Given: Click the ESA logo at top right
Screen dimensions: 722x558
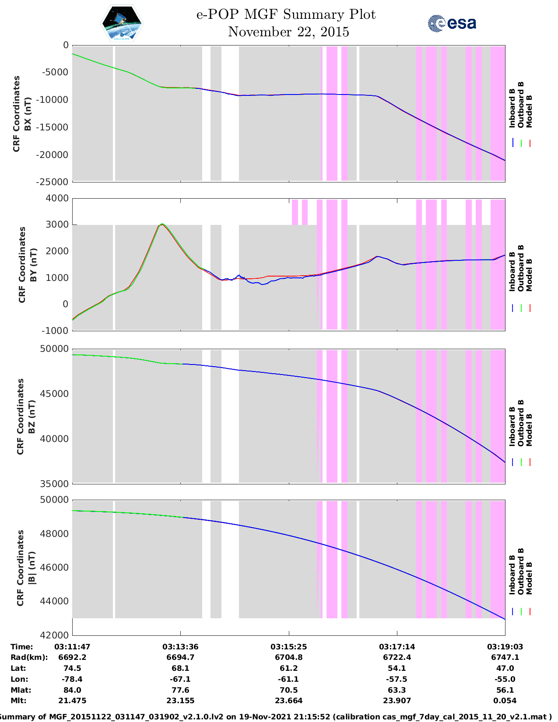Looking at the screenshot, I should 452,23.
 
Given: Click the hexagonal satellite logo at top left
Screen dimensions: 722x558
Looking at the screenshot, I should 122,23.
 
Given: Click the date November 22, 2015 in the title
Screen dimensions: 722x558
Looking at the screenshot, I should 288,32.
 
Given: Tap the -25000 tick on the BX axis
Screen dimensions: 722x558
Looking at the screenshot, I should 55,182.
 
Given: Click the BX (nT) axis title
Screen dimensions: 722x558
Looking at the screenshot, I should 28,114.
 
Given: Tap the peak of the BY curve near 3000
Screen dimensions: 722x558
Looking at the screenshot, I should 162,224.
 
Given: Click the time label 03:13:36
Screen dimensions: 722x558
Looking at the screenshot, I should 180,647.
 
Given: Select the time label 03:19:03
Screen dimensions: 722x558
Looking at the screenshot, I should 505,647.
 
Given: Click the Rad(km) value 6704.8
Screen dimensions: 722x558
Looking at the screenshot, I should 288,657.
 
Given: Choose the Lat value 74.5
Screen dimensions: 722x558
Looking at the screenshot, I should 72,668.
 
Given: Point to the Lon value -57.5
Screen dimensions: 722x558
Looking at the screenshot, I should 397,679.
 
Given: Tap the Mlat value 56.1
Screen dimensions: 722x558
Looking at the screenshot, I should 505,690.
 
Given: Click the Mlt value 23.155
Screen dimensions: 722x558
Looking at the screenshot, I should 180,701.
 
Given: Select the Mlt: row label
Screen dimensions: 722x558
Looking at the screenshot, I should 18,701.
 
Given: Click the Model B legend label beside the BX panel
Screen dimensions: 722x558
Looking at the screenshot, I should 529,111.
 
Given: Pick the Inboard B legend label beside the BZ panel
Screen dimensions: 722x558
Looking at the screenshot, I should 512,426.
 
